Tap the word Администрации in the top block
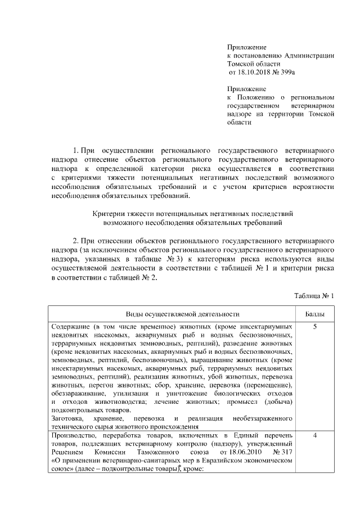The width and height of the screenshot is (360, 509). pyautogui.click(x=309, y=56)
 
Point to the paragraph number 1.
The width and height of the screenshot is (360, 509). pyautogui.click(x=76, y=151)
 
